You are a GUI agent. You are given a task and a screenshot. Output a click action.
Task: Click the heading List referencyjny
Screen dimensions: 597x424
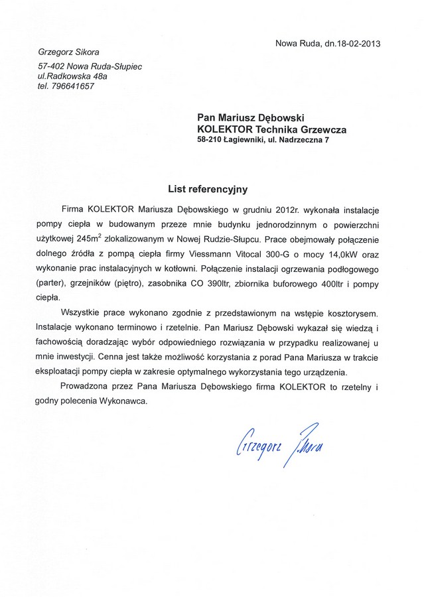(207, 189)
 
